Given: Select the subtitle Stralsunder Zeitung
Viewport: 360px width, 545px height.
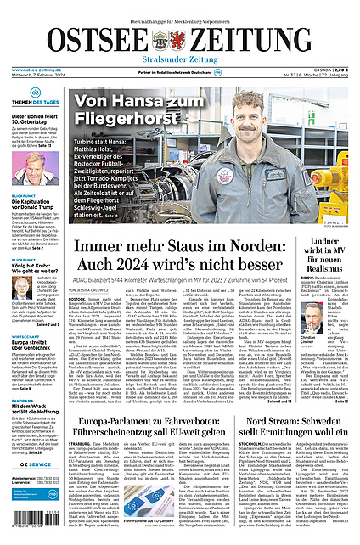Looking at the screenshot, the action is pyautogui.click(x=179, y=60).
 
